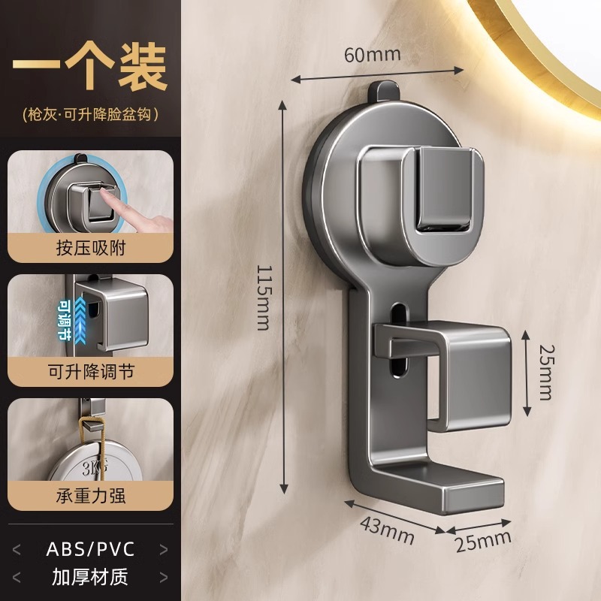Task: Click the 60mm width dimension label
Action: pyautogui.click(x=373, y=54)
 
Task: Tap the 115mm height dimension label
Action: pyautogui.click(x=262, y=297)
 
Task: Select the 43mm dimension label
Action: pyautogui.click(x=386, y=529)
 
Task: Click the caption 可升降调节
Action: pyautogui.click(x=89, y=370)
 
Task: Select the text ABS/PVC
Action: pyautogui.click(x=90, y=548)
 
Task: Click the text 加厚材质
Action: pyautogui.click(x=89, y=578)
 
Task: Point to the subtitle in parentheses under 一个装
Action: pyautogui.click(x=89, y=115)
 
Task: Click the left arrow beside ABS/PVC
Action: pyautogui.click(x=17, y=548)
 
